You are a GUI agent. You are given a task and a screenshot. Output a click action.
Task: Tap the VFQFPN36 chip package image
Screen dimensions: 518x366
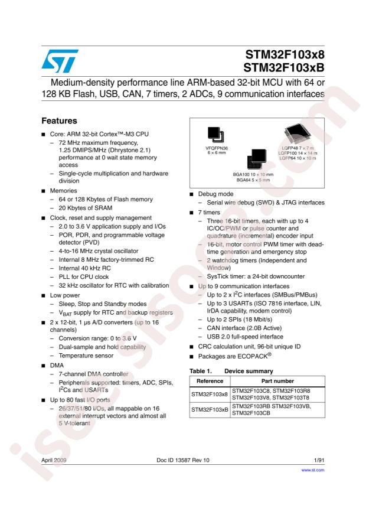(x=213, y=135)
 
